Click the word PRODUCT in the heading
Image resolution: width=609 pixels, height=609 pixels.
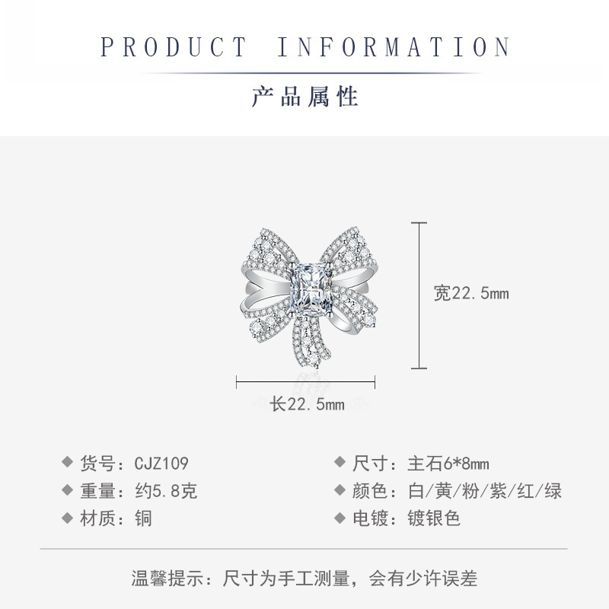point(174,47)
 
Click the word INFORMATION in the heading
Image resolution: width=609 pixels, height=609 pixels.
point(393,47)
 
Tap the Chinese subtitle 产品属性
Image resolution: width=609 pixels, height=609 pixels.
point(304,97)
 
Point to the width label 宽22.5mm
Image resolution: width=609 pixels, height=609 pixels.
point(471,294)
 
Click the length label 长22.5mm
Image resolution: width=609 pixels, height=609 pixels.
point(308,404)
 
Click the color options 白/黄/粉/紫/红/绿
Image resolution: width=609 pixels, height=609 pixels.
point(480,491)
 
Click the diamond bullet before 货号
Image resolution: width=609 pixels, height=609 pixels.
point(67,463)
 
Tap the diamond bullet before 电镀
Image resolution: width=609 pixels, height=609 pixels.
point(339,519)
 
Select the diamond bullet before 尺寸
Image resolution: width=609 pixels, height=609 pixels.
point(339,463)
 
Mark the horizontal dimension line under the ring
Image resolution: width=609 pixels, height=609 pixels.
point(308,381)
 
